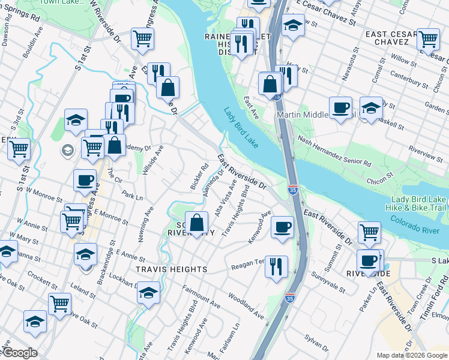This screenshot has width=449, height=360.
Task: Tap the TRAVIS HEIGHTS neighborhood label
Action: tap(171, 270)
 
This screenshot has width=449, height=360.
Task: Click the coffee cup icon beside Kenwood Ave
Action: tap(281, 227)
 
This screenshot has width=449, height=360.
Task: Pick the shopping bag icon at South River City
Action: tap(196, 223)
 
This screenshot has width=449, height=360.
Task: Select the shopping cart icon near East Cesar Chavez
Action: tap(429, 39)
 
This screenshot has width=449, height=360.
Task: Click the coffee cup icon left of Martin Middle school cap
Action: tap(340, 108)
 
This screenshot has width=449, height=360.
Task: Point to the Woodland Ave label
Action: tap(245, 305)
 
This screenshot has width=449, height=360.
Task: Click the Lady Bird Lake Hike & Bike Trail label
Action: tap(418, 203)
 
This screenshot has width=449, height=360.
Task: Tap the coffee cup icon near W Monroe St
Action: tap(85, 179)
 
